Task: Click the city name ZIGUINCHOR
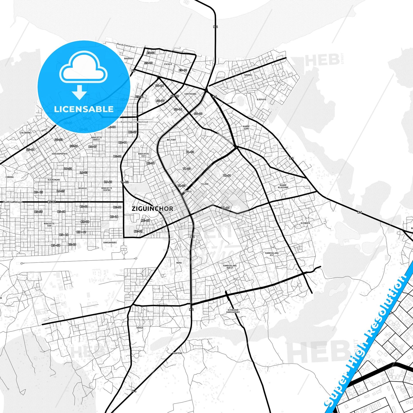pos(152,209)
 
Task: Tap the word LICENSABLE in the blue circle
pos(84,109)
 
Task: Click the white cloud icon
pos(83,69)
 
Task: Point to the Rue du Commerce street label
pos(126,46)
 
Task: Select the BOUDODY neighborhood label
pos(129,59)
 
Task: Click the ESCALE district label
pos(168,64)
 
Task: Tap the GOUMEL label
pos(248,75)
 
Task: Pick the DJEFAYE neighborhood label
pos(262,100)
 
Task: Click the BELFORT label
pos(171,140)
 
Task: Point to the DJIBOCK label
pos(305,223)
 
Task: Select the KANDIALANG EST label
pos(272,254)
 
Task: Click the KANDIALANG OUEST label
pos(230,267)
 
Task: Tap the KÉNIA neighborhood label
pos(140,328)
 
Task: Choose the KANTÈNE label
pos(177,353)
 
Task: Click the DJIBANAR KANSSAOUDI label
pos(233,311)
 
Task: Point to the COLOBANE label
pos(25,133)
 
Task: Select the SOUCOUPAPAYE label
pos(60,154)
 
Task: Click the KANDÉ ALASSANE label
pos(283,186)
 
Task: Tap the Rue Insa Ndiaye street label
pos(12,202)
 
